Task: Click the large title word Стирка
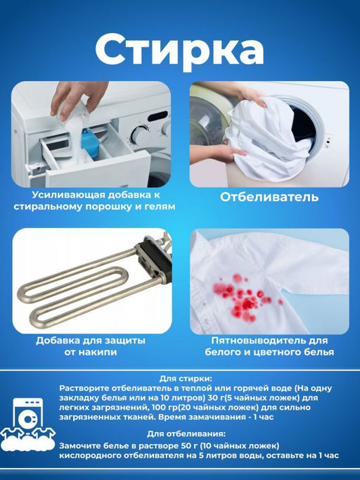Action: coord(179,51)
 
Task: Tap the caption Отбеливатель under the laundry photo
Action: coord(269,197)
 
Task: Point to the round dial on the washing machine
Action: coord(139,134)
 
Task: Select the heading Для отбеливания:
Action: coord(186,434)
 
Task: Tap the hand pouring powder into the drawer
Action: coord(77,99)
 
